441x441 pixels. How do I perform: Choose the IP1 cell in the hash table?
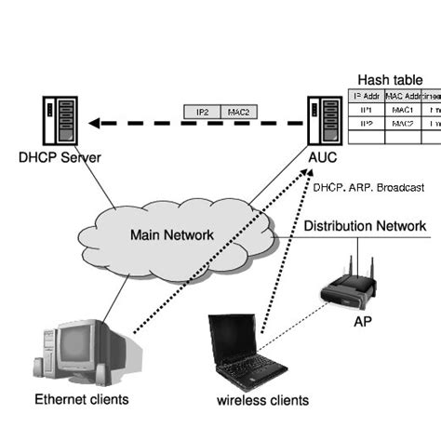click(x=365, y=110)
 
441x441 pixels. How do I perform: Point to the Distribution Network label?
click(x=365, y=226)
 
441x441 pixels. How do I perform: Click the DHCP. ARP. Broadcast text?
click(x=368, y=187)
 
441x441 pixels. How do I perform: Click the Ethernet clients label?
click(x=81, y=400)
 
